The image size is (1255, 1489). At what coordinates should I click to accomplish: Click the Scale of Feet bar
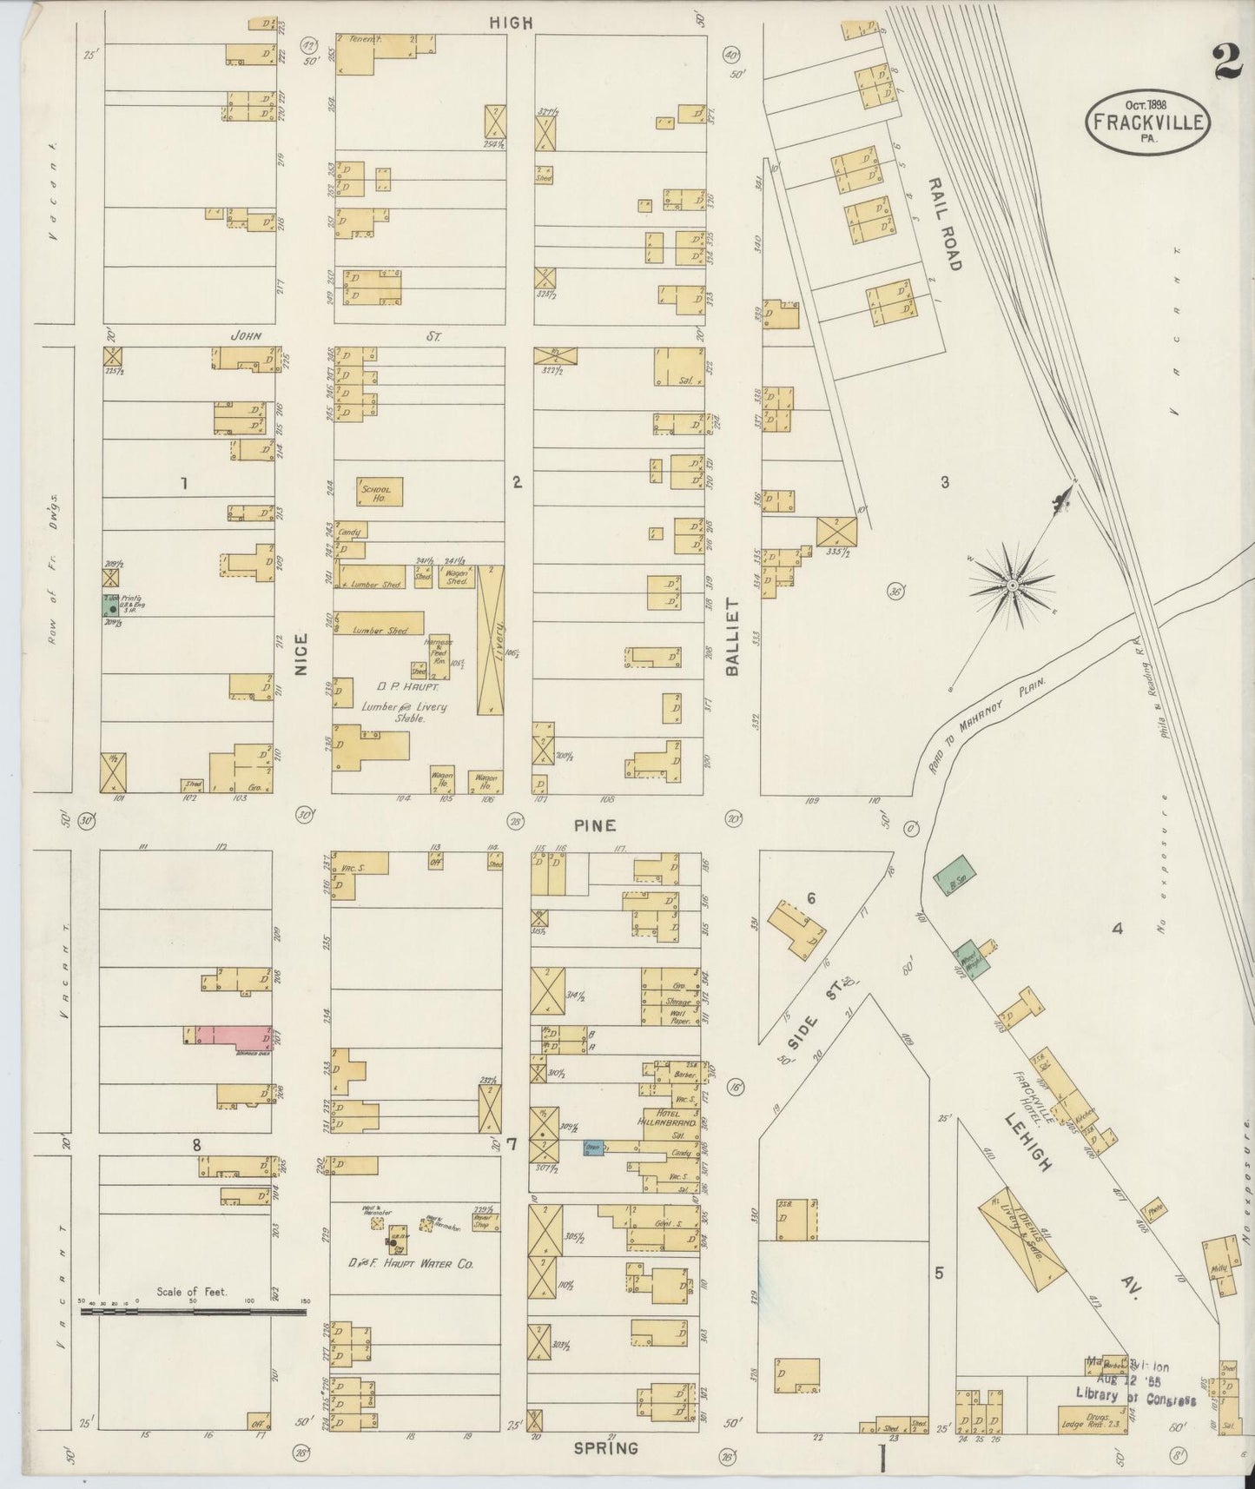[192, 1312]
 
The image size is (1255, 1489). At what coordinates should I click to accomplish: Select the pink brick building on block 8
[239, 1036]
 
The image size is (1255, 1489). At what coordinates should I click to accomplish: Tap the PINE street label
[595, 824]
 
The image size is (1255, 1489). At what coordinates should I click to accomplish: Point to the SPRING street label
[606, 1448]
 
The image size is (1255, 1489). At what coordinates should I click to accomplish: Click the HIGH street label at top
[510, 23]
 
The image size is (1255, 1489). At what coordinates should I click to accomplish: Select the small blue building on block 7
[593, 1147]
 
